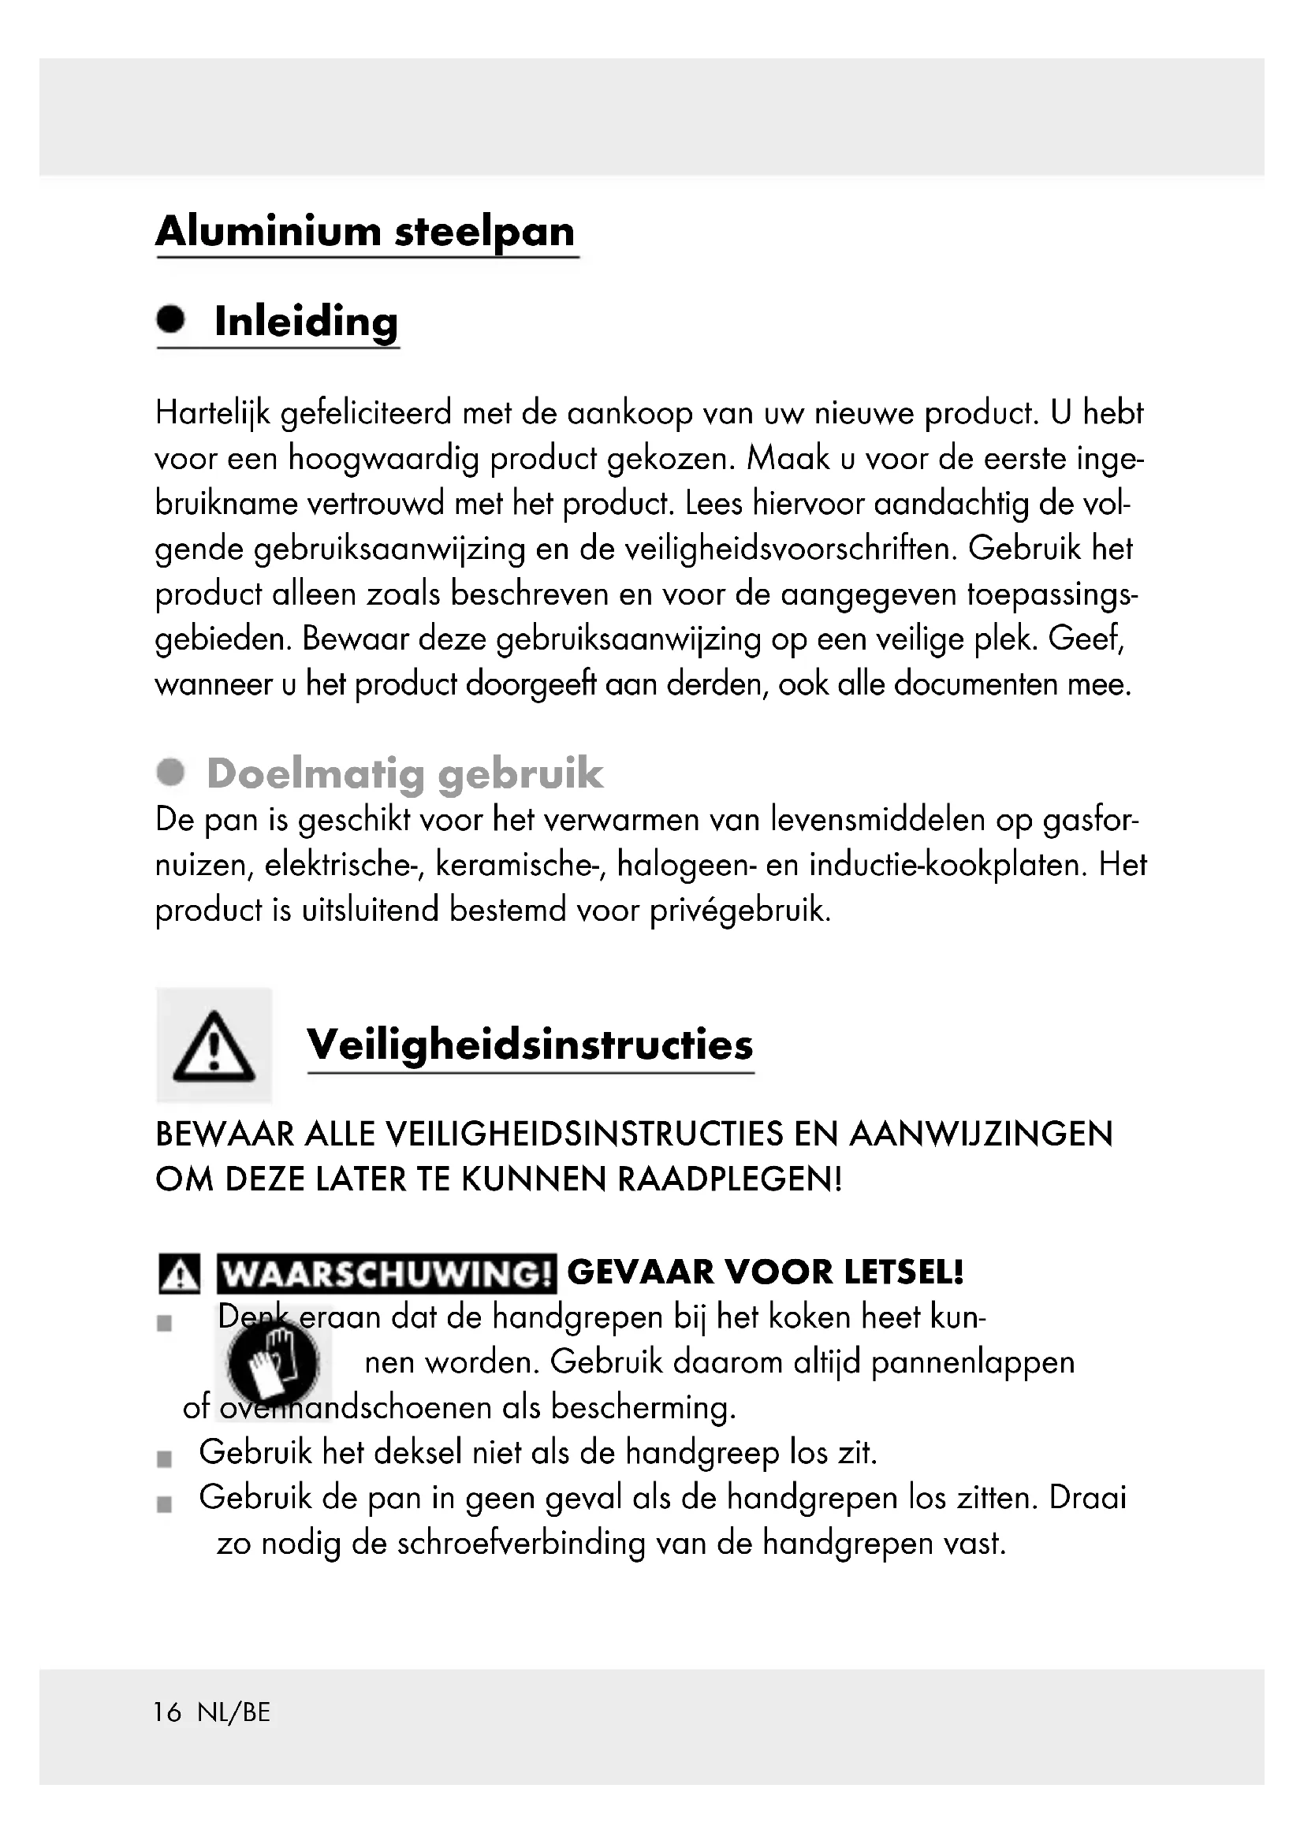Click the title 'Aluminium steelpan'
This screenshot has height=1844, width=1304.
365,232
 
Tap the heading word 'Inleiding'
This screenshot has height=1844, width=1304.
306,322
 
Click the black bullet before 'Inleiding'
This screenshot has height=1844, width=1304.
170,319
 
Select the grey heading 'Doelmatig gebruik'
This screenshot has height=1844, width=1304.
404,773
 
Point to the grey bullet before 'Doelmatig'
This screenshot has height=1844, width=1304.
170,773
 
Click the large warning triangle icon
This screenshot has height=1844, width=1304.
214,1045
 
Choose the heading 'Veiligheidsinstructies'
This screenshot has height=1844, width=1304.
530,1045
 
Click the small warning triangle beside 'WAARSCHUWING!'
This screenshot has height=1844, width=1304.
179,1275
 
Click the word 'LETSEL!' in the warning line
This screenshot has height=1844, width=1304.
903,1273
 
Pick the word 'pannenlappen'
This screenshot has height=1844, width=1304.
972,1363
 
